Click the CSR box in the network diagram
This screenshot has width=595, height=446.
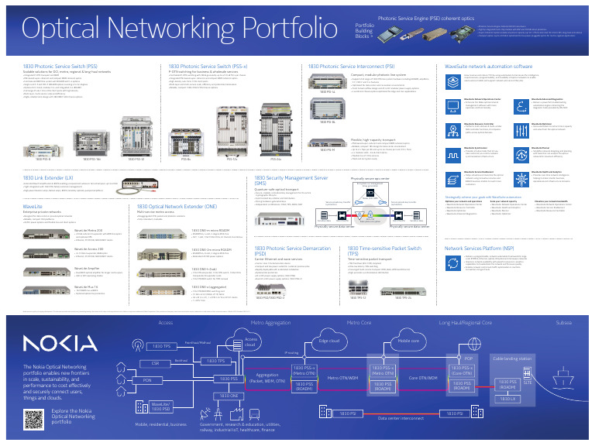tap(156, 363)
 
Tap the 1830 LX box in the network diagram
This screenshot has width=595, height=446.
tap(508, 398)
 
